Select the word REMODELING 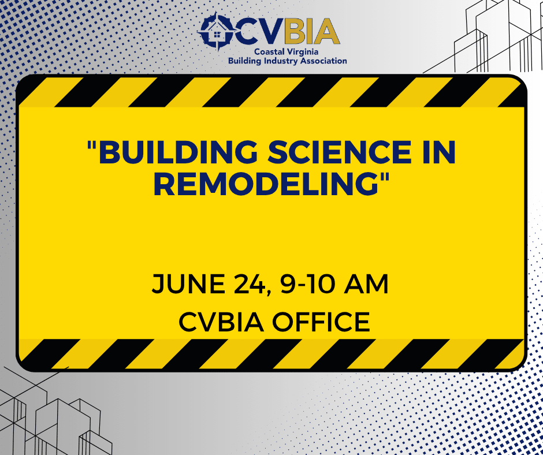(266, 184)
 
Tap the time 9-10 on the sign (308, 284)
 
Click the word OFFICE (321, 322)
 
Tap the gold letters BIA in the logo (312, 31)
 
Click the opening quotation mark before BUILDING (92, 145)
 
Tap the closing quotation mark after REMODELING (385, 177)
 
